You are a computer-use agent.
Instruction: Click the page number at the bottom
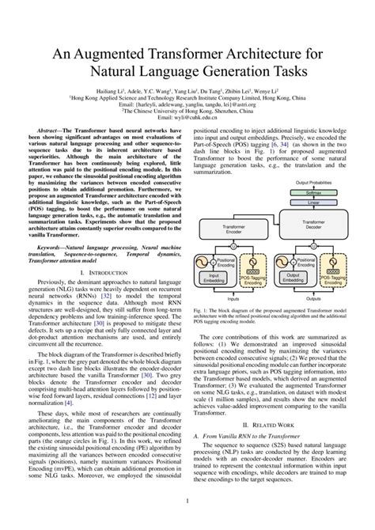(x=187, y=500)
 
